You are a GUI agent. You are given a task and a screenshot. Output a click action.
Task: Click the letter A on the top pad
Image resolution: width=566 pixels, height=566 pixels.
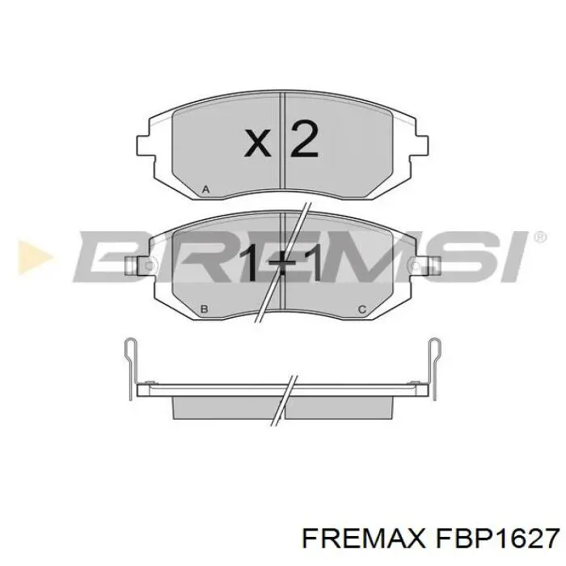point(205,190)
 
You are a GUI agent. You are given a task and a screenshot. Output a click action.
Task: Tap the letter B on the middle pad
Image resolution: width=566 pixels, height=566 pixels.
point(205,309)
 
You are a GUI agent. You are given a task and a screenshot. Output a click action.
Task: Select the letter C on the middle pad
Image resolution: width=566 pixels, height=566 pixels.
point(361,309)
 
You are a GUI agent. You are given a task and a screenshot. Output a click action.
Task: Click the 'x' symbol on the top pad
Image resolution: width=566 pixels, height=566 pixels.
point(258,144)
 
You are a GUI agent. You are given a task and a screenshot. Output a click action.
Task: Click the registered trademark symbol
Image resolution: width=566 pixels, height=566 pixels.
point(539,236)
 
